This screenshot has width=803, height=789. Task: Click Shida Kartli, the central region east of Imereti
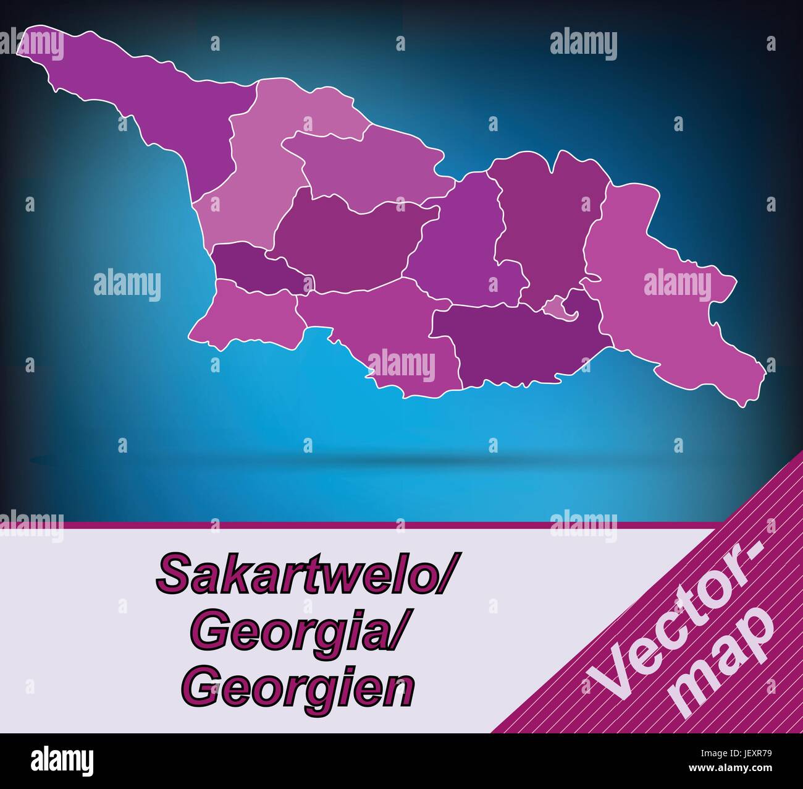point(457,247)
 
